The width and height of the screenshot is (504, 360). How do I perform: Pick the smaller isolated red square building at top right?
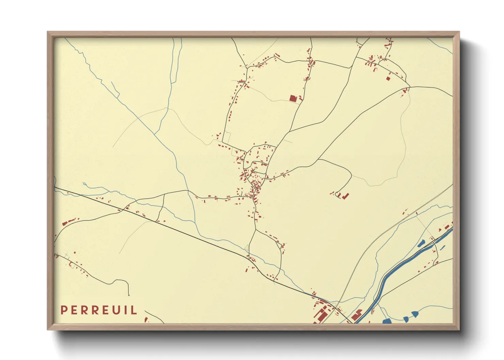388,79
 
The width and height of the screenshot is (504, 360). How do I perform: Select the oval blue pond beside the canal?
421,243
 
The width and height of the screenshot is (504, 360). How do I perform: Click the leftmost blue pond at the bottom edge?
387,321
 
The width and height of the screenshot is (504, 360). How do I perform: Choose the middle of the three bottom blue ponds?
406,319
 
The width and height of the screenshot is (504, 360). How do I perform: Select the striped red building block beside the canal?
357,315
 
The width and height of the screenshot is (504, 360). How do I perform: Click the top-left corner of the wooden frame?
48,32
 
